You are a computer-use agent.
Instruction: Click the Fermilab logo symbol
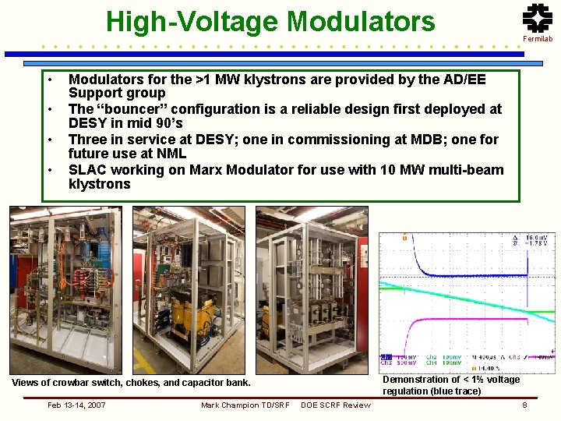[x=537, y=18]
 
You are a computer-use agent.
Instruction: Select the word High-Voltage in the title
[x=192, y=21]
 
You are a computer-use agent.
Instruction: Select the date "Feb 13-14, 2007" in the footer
[x=76, y=405]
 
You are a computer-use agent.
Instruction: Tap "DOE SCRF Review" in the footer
[x=336, y=405]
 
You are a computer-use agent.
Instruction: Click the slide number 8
[x=524, y=405]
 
